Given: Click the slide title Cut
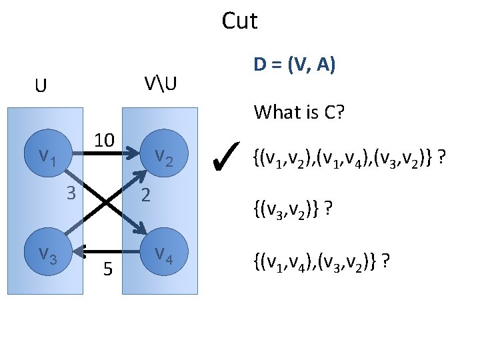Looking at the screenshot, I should pyautogui.click(x=239, y=21).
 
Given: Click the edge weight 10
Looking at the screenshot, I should pyautogui.click(x=105, y=141).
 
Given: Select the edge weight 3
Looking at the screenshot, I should pyautogui.click(x=70, y=194).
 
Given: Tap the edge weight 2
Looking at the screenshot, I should pyautogui.click(x=146, y=195).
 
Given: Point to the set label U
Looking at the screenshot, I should pyautogui.click(x=41, y=87).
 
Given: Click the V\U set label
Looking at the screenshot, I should pyautogui.click(x=162, y=85).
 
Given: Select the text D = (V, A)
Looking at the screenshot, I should pyautogui.click(x=294, y=65).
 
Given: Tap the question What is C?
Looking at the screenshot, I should pyautogui.click(x=299, y=112).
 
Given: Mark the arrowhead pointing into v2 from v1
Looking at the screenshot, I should pyautogui.click(x=131, y=159).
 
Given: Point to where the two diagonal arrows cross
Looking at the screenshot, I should pyautogui.click(x=105, y=202).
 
